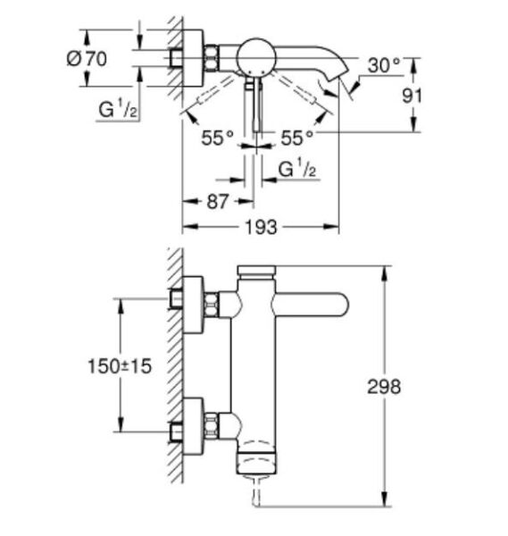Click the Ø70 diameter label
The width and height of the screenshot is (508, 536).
tap(87, 59)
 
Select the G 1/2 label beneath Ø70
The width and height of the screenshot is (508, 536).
tap(117, 110)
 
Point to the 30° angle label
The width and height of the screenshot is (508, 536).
tap(384, 65)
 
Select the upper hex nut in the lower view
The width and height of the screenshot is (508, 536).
tap(212, 306)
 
